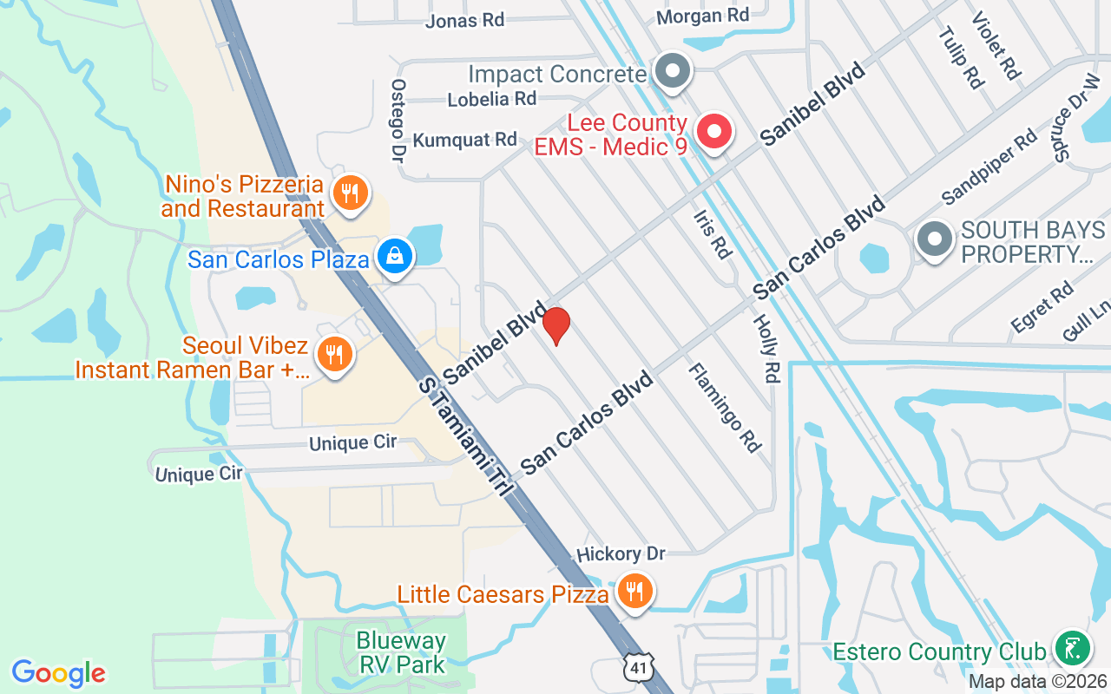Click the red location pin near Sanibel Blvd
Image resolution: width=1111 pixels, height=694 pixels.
(555, 325)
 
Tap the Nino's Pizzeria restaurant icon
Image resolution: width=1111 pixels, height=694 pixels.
(350, 193)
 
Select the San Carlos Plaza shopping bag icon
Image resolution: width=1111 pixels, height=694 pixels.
(395, 256)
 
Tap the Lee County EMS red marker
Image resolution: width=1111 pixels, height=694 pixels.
(714, 133)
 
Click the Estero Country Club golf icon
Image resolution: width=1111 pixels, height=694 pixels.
(1072, 648)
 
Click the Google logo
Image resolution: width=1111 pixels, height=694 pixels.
(58, 673)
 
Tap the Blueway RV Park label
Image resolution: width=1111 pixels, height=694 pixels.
(401, 653)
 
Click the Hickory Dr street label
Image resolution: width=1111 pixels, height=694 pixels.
(620, 553)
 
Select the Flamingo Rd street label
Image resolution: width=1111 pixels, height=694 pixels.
(724, 408)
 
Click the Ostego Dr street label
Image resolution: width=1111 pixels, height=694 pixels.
(398, 121)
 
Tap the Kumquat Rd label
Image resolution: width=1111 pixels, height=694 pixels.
(464, 139)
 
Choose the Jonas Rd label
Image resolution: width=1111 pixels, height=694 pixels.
(464, 20)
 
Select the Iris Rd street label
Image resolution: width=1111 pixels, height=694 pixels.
(713, 234)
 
